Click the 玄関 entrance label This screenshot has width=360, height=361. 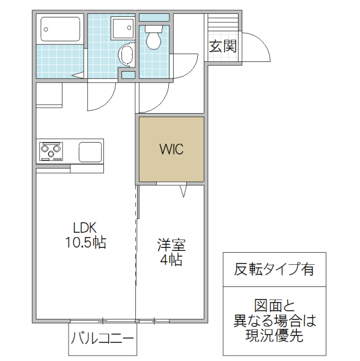pyautogui.click(x=222, y=46)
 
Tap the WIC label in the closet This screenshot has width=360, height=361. pyautogui.click(x=171, y=149)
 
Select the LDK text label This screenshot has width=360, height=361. pyautogui.click(x=85, y=228)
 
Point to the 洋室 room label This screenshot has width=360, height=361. pyautogui.click(x=171, y=245)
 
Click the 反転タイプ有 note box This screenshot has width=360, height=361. pyautogui.click(x=273, y=269)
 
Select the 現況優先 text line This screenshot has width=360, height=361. pyautogui.click(x=273, y=336)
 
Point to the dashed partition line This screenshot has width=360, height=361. pyautogui.click(x=136, y=241)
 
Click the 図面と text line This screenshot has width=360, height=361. pyautogui.click(x=273, y=305)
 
